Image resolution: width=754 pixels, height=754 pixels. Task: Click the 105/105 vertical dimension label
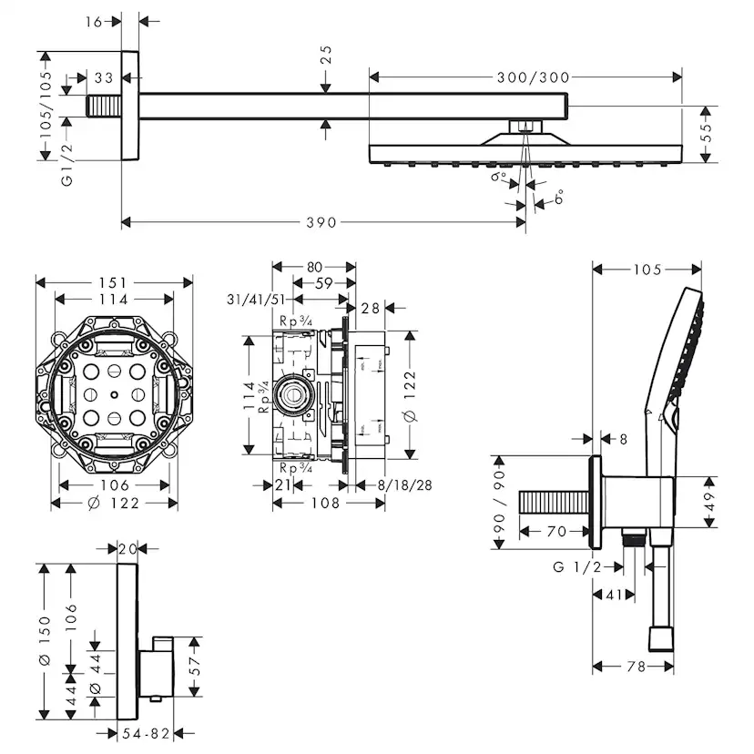click(46, 104)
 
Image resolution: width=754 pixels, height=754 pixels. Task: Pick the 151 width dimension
click(114, 282)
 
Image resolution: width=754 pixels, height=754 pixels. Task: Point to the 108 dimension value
click(326, 503)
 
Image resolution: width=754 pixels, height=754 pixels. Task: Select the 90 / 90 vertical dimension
click(497, 502)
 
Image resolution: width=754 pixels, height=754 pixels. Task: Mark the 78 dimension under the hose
click(635, 667)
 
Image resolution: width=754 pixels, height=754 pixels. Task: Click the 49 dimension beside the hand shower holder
click(708, 502)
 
